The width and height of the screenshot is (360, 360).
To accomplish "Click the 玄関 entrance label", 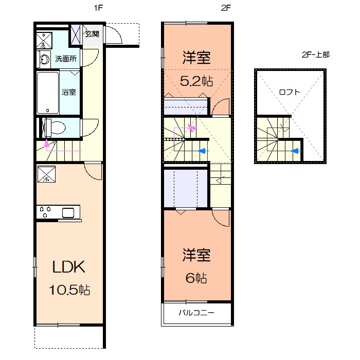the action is [x=92, y=34].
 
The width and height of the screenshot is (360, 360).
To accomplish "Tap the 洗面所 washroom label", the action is [x=66, y=59].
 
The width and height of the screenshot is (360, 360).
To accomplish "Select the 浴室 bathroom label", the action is [x=69, y=92].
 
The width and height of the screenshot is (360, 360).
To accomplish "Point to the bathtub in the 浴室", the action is [x=48, y=93].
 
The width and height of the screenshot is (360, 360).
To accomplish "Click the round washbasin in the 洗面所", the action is [x=45, y=60].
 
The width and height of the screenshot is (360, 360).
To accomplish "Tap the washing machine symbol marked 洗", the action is [x=44, y=41].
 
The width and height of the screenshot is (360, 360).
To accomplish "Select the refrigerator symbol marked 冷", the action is [x=46, y=174].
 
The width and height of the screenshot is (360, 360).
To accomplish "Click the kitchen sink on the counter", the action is [x=68, y=213].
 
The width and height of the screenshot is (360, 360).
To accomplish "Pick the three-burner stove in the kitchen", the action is [x=45, y=212].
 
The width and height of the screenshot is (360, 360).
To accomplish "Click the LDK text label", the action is [x=68, y=267].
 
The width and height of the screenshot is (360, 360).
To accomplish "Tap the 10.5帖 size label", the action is [x=69, y=290].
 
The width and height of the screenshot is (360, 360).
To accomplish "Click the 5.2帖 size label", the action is [x=196, y=81].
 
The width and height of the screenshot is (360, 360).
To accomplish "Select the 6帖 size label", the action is [x=196, y=278].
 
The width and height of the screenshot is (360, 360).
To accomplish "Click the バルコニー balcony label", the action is [x=196, y=313].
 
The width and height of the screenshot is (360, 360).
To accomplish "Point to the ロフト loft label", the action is [x=289, y=92].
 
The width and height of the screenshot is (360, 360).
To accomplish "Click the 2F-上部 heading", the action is [x=315, y=55].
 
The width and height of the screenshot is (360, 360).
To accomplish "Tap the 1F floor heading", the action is [x=98, y=8].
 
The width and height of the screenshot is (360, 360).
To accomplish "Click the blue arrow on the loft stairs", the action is [x=296, y=151].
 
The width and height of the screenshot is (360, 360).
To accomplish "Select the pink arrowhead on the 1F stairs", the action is [x=47, y=143].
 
